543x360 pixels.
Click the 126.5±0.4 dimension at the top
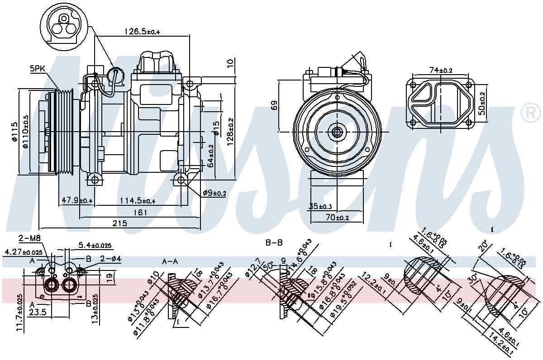click(x=143, y=31)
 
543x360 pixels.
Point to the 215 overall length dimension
click(x=120, y=223)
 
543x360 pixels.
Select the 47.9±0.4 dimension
click(x=76, y=200)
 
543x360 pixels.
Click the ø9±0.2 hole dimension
click(x=214, y=193)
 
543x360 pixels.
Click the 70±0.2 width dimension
click(x=338, y=218)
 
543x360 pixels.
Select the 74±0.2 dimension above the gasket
click(x=441, y=70)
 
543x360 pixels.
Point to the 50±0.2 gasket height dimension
click(x=482, y=103)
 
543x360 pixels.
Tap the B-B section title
click(x=274, y=243)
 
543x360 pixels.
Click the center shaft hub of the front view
click(x=337, y=132)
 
